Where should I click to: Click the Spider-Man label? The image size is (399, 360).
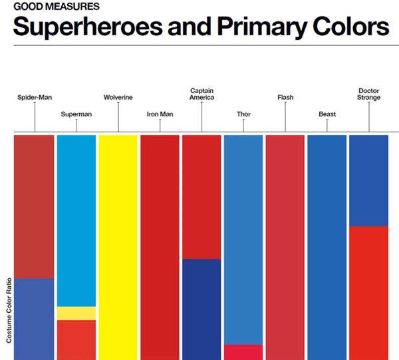point(35,98)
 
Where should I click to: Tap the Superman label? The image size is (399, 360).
point(76,114)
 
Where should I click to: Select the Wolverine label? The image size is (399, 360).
point(118,98)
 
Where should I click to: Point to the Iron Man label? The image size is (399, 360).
point(160,114)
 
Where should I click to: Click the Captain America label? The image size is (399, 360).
point(201,94)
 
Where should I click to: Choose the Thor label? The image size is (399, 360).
point(243,114)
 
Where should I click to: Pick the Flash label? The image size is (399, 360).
point(285,98)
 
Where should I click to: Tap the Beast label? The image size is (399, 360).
point(327,114)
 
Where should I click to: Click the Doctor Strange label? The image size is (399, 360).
point(368,94)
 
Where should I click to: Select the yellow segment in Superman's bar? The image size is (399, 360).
point(76,313)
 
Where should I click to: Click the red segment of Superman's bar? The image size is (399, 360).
point(76,339)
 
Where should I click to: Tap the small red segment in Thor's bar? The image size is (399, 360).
point(243,352)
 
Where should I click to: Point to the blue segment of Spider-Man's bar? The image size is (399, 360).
point(34,319)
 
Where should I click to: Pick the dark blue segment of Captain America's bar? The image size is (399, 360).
point(201,309)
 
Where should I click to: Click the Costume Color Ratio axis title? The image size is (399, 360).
point(9,310)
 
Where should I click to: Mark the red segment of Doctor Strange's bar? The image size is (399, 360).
point(368,292)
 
